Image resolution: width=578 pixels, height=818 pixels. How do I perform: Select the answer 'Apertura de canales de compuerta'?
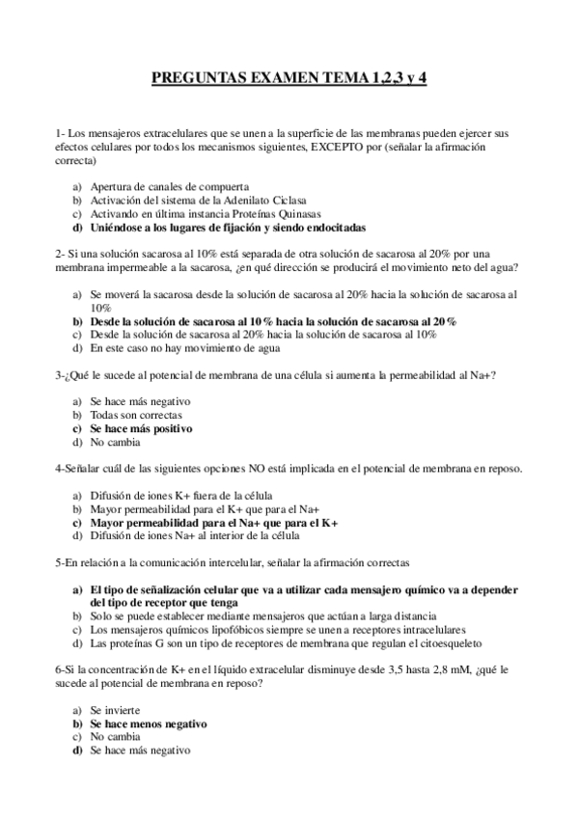170,187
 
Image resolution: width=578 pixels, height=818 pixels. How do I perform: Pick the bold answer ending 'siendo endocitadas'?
229,228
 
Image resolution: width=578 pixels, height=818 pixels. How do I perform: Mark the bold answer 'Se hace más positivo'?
141,428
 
